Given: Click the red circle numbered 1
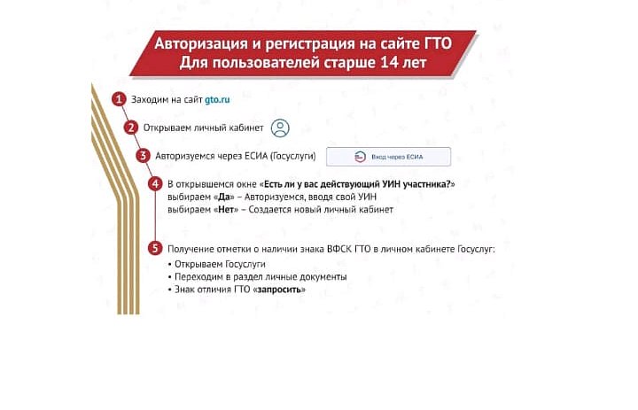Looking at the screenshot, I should tap(118, 99).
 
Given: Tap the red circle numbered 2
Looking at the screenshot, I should tap(130, 128).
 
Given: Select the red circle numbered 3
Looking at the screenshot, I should tap(143, 156).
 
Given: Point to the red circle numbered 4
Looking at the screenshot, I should tap(155, 183).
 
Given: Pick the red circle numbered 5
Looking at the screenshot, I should tap(155, 249).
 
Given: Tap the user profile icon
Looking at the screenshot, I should tap(280, 128).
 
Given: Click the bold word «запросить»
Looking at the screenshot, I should tap(280, 290).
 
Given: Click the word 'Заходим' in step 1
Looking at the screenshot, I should tap(148, 100).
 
